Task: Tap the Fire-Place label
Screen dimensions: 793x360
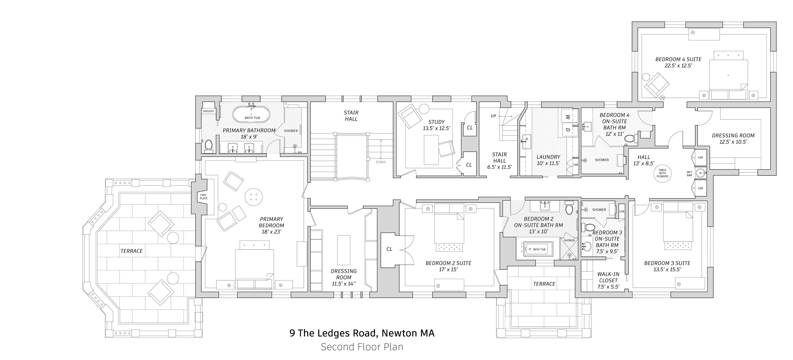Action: [x=204, y=196]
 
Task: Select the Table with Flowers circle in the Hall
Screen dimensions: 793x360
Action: [x=662, y=173]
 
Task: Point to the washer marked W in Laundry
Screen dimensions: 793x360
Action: [x=568, y=117]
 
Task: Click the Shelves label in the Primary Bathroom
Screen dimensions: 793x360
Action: [x=208, y=111]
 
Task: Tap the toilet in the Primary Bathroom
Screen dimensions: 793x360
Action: [x=209, y=146]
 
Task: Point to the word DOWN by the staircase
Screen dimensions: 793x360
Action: [x=381, y=162]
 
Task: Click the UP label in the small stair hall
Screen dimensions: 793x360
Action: [x=493, y=116]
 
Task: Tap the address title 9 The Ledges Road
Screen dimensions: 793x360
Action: [x=362, y=333]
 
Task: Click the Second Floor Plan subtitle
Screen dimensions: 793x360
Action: [x=362, y=347]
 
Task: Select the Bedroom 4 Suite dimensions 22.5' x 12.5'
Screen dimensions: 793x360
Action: [x=678, y=66]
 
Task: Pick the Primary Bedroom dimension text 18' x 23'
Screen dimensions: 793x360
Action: [x=271, y=232]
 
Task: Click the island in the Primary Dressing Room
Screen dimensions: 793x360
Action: [x=344, y=250]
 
